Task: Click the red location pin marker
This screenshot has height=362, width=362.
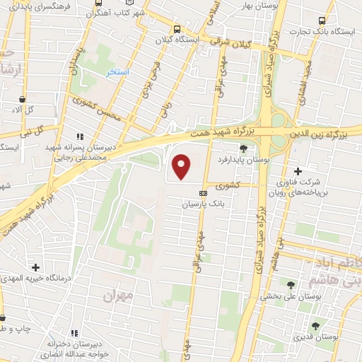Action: pos(182,167)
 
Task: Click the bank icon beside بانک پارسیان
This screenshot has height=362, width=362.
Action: pos(204,192)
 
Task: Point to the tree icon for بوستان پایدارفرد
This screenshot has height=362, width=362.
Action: pos(244,148)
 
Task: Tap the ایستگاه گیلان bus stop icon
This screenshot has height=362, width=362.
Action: pos(177,29)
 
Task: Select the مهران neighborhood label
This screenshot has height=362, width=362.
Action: pos(118,296)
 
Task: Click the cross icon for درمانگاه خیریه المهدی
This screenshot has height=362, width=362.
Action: pos(35,267)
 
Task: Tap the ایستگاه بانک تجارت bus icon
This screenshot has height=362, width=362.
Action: pos(323,21)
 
